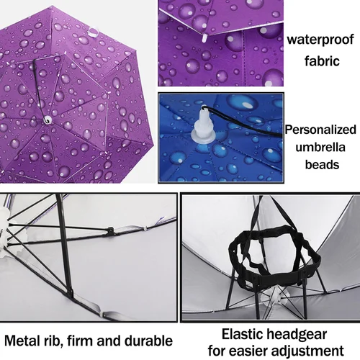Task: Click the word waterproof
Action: [320, 40]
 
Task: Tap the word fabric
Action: [322, 61]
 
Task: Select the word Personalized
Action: [320, 130]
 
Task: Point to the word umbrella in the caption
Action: [320, 147]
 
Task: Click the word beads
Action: [322, 165]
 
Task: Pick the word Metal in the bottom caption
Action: [21, 341]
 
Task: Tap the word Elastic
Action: [242, 334]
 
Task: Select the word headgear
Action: [297, 335]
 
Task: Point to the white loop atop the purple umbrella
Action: [94, 32]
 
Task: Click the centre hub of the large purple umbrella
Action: [48, 120]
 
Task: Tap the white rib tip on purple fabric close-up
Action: [204, 38]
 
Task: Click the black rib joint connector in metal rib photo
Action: [110, 230]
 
